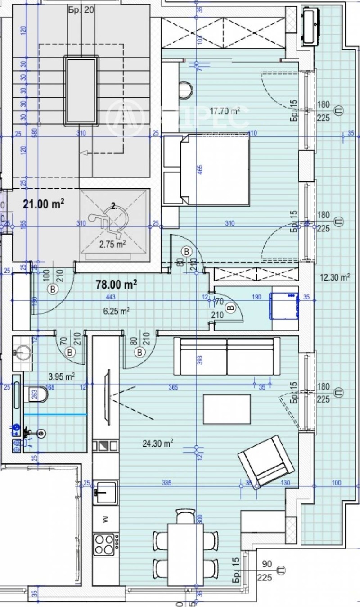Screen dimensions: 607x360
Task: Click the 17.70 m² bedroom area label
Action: pos(224,110)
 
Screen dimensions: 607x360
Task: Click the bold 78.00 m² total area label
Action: pos(116,285)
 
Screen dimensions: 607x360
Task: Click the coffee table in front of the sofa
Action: pos(227,409)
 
